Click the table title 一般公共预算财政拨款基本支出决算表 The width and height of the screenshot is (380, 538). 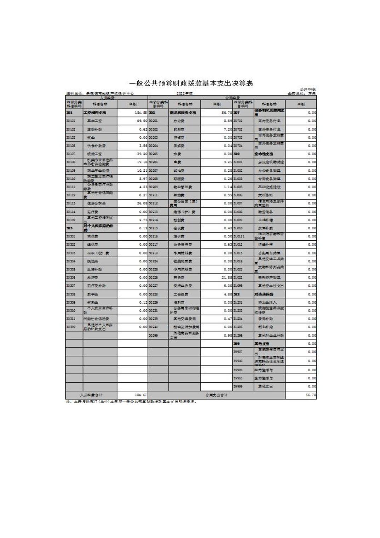coord(191,84)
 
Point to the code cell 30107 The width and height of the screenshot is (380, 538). coord(71,154)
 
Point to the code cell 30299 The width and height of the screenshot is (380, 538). coord(153,335)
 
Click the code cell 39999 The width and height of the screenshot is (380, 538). coord(238,387)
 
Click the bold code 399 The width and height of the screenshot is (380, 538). coord(236,344)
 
